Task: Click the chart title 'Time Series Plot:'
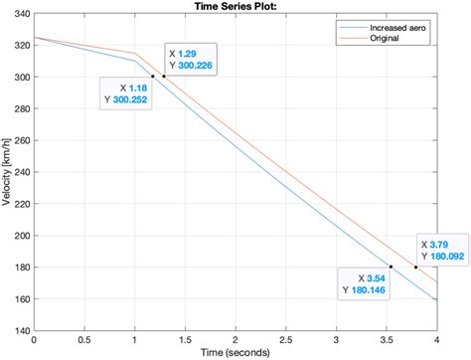click(235, 7)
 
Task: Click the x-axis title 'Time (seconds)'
click(235, 351)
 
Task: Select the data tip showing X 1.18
click(126, 93)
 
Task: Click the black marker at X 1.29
click(164, 77)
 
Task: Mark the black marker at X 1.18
click(152, 77)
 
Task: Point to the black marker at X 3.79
click(415, 267)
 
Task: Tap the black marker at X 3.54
click(391, 267)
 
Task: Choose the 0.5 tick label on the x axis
click(84, 339)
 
